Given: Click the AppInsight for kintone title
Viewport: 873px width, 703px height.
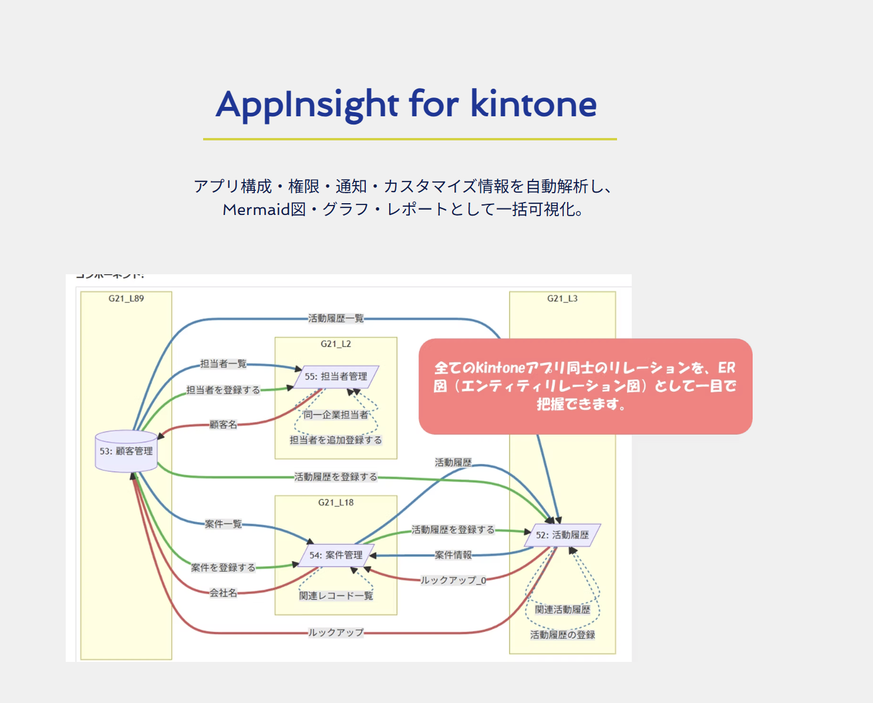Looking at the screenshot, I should tap(406, 105).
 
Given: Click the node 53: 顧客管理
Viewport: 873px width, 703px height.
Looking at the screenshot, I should tap(126, 451).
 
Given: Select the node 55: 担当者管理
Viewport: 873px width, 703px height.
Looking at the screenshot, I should tap(336, 376).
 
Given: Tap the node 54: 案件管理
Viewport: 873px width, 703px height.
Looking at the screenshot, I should tap(336, 555).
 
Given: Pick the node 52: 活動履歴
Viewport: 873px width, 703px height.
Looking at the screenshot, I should tap(562, 535).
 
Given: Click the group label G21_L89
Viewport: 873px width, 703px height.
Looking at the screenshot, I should tap(126, 298).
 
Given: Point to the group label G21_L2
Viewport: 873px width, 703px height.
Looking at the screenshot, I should tap(336, 344).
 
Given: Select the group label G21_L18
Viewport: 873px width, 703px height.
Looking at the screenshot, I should tap(336, 503).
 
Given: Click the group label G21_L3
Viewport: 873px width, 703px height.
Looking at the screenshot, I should tap(562, 298).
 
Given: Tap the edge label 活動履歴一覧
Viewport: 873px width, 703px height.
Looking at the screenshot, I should tap(336, 318).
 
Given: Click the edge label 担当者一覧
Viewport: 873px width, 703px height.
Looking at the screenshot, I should tap(223, 364).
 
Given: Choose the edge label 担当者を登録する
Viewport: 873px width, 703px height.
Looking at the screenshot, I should tap(223, 390).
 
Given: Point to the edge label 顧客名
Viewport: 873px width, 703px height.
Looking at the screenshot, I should tap(223, 425).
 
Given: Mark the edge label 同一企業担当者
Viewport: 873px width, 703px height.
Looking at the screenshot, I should tap(336, 415).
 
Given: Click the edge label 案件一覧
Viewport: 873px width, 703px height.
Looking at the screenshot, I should tap(223, 524).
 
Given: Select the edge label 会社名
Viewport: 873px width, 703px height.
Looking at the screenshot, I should tap(223, 593).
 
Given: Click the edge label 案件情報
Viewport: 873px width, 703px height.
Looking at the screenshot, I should tap(453, 555).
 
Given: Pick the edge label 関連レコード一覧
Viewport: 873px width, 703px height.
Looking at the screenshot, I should tap(336, 596).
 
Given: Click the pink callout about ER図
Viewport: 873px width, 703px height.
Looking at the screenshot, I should tap(585, 386).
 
